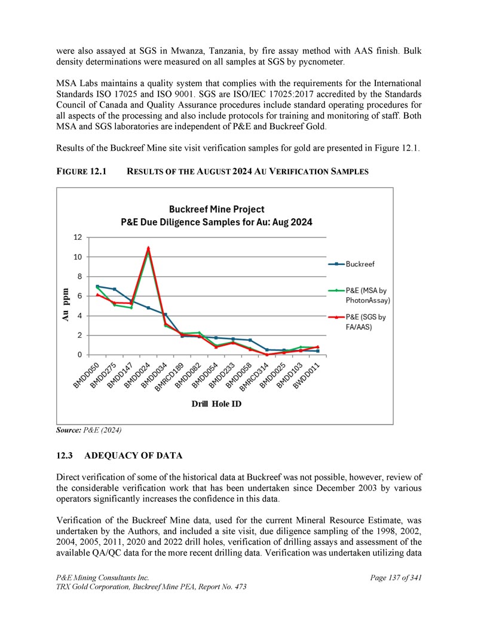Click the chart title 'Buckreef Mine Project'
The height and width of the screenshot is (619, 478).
[x=216, y=209]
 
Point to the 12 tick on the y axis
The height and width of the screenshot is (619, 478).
[x=78, y=237]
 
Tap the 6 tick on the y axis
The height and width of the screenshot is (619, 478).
[x=80, y=296]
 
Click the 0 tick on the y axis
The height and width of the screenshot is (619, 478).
[x=80, y=355]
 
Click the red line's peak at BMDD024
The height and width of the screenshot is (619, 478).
[x=148, y=248]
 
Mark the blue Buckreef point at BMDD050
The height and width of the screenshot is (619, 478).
[x=97, y=286]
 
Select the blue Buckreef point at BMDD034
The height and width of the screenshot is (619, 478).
[x=165, y=314]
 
